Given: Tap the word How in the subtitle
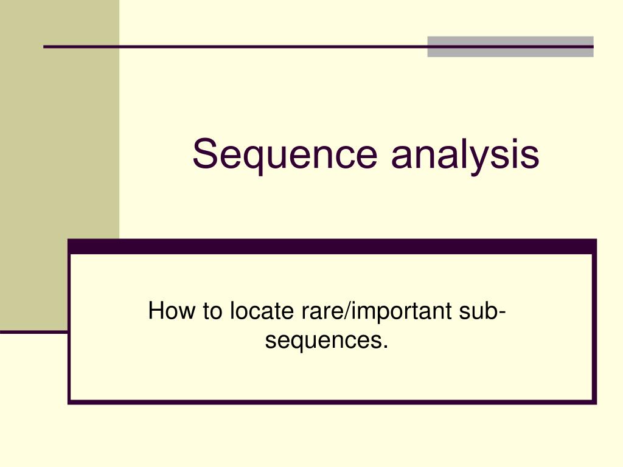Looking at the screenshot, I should click(x=166, y=311).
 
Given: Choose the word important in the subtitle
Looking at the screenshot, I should click(x=400, y=311).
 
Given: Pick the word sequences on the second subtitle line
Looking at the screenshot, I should click(x=322, y=341).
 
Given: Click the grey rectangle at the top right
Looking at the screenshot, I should click(x=510, y=47).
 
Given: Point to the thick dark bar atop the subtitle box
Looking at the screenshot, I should click(x=332, y=246).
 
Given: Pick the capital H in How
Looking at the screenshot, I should click(x=156, y=311).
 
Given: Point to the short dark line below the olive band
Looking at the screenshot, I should click(x=33, y=332).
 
